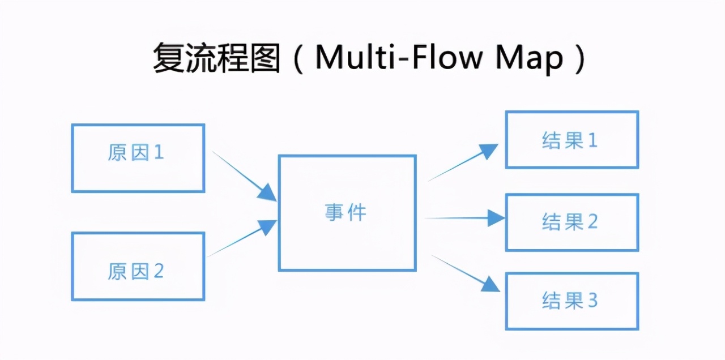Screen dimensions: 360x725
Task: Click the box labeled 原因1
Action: [x=138, y=158]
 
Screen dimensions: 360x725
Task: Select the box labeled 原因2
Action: [x=138, y=266]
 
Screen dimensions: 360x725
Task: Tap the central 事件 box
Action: [x=347, y=213]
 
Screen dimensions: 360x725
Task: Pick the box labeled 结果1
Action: [x=572, y=140]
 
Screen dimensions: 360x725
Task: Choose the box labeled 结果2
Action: [x=572, y=222]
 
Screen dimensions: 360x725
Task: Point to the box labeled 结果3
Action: [x=572, y=301]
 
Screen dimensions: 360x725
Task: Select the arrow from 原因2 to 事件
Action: [x=242, y=238]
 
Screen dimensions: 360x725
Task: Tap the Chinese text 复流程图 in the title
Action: [x=216, y=58]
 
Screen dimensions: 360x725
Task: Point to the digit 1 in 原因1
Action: [x=159, y=152]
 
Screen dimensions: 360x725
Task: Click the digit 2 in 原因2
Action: [x=159, y=272]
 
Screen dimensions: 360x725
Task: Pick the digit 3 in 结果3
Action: [x=592, y=301]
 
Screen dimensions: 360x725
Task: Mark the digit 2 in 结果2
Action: [x=592, y=222]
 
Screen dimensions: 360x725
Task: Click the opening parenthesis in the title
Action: [x=299, y=58]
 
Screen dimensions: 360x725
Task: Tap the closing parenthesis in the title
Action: [x=578, y=58]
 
